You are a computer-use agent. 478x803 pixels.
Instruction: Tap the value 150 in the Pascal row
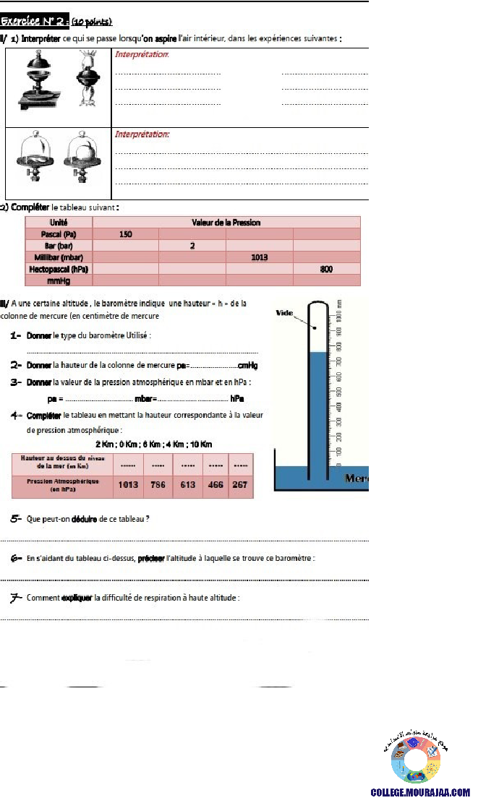click(125, 234)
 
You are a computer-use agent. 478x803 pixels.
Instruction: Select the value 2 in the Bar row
click(192, 246)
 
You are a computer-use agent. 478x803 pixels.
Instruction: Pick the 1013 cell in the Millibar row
click(260, 257)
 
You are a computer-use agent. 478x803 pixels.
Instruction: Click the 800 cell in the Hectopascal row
click(326, 269)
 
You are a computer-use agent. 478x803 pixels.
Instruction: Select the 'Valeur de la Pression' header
click(226, 223)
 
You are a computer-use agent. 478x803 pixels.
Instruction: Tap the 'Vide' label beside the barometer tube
click(284, 313)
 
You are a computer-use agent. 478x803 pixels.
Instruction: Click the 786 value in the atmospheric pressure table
click(158, 485)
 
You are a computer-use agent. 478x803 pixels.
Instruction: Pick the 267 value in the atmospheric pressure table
click(239, 485)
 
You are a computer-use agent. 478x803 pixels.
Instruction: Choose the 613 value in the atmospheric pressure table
click(188, 485)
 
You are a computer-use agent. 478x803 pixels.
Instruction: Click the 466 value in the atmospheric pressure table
click(215, 485)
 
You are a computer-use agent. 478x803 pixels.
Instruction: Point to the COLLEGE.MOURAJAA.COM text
click(420, 793)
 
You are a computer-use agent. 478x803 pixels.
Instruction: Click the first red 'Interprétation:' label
click(142, 54)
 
